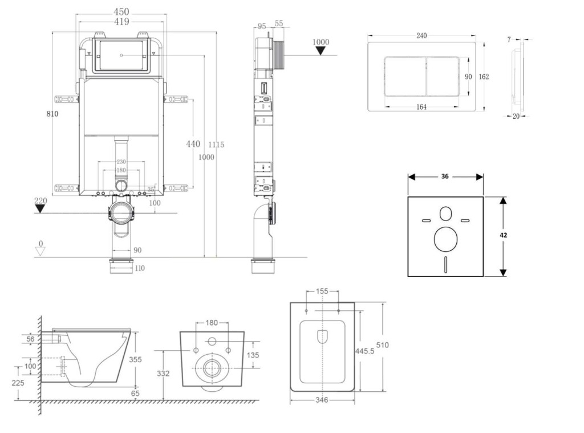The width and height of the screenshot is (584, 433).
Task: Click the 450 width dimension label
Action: point(121,11)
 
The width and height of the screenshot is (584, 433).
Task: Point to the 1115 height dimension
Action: point(217,145)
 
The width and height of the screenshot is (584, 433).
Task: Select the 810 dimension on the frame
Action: point(52,114)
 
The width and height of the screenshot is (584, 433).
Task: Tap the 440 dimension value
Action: point(193,144)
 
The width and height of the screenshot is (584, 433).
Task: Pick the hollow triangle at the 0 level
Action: point(40,252)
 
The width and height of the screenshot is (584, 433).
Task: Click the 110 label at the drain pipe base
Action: point(139,268)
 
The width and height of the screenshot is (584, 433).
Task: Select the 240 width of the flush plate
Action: point(421,35)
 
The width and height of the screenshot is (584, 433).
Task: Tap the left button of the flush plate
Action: point(405,77)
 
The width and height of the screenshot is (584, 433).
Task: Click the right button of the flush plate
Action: point(443,77)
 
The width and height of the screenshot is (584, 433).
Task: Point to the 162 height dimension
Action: point(484,77)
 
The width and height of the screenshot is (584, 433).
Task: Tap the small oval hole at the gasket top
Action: point(445,214)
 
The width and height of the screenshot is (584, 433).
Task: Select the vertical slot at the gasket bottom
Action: point(445,263)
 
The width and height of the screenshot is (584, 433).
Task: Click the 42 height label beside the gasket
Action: point(504,235)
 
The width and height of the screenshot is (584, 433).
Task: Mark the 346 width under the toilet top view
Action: point(322,400)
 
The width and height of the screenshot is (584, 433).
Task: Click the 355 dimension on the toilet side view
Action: point(135,359)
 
